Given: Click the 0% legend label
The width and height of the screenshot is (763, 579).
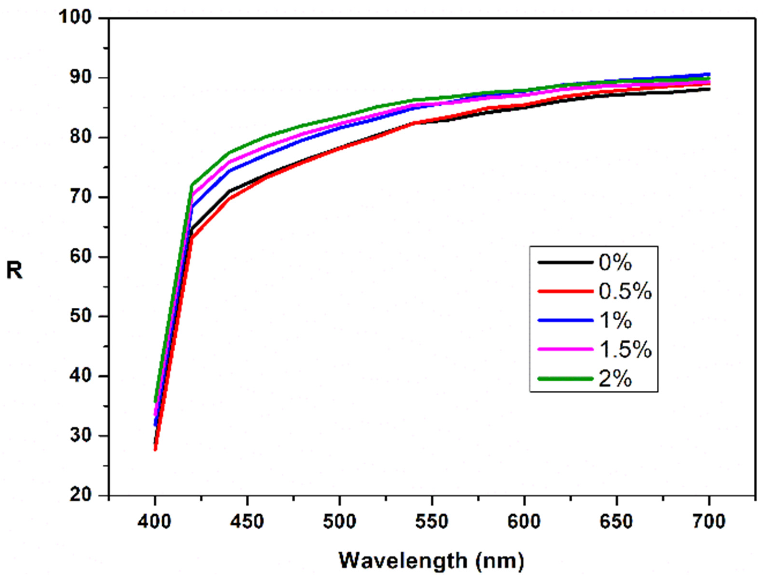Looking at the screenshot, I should click(x=615, y=263).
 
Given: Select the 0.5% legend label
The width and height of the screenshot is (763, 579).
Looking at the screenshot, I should click(x=625, y=292).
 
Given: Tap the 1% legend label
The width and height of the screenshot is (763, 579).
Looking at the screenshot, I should click(x=615, y=321).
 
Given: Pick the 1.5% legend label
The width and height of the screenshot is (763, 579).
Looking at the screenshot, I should click(x=625, y=350).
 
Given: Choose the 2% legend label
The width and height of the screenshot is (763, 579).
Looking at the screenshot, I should click(x=615, y=379).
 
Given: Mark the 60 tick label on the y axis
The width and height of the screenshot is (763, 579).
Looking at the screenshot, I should click(x=81, y=257).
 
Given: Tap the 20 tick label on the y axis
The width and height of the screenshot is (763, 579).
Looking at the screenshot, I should click(x=81, y=495).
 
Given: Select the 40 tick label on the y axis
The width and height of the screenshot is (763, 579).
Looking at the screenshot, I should click(x=81, y=376).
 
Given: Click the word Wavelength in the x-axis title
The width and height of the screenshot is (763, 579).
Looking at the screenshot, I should click(x=403, y=561).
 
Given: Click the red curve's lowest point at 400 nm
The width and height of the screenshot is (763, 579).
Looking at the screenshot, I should click(x=155, y=449).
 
